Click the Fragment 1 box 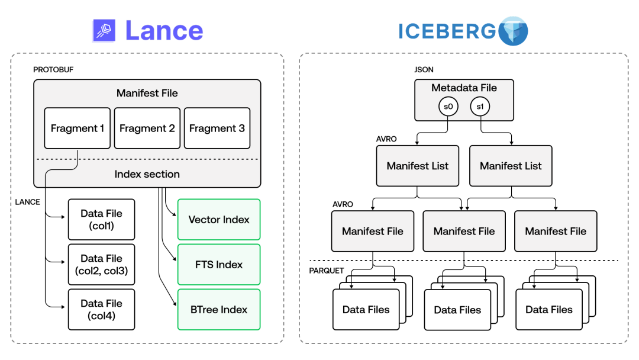pos(77,128)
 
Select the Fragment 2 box pos(147,128)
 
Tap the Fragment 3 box pos(217,128)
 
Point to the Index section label pos(147,174)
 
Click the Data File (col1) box pos(101,219)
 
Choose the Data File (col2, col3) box pos(101,264)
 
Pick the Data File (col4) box pos(101,309)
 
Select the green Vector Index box pos(219,219)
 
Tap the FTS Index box pos(219,264)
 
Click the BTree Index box pos(219,309)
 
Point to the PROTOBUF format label pos(53,70)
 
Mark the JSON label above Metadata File pos(424,70)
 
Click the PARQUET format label pos(327,271)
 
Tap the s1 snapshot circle pos(480,107)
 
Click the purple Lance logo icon pos(104,30)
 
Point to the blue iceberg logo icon pos(512,31)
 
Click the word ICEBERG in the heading pos(447,31)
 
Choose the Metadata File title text pos(464,88)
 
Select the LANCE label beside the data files pos(28,202)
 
